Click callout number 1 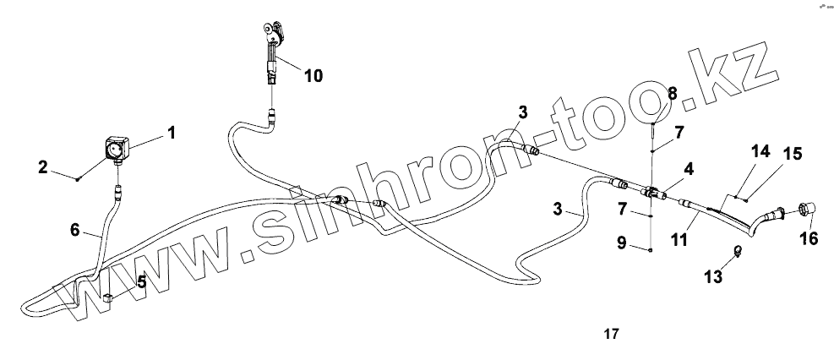tap(172, 132)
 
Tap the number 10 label tap(313, 75)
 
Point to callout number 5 tap(141, 281)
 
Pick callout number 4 tap(690, 168)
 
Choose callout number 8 tap(673, 93)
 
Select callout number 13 tap(712, 276)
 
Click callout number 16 tap(809, 239)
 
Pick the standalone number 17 tap(611, 334)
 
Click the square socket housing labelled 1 tap(117, 150)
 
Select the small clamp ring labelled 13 tap(738, 250)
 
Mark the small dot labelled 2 tap(78, 178)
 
